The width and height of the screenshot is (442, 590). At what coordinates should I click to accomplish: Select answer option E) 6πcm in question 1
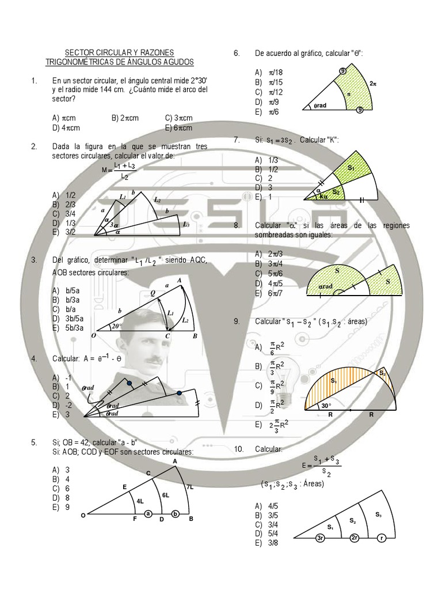pos(178,128)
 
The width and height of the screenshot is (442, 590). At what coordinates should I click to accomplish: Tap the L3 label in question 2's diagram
pos(186,224)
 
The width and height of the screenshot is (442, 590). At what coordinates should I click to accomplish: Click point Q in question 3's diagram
pos(153,293)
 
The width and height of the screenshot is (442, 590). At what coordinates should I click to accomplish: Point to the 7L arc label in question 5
pos(190,487)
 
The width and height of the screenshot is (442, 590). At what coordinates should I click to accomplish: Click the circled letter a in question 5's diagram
pos(148,514)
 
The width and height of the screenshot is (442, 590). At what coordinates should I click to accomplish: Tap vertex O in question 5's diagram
pos(83,516)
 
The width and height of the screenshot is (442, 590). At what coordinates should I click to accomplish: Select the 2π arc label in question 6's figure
pos(373,83)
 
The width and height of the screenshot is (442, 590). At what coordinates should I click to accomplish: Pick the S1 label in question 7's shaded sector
pos(351,167)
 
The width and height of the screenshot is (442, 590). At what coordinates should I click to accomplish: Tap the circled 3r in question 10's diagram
pos(320,538)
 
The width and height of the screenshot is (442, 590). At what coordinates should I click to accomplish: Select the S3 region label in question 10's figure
pos(378,514)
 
